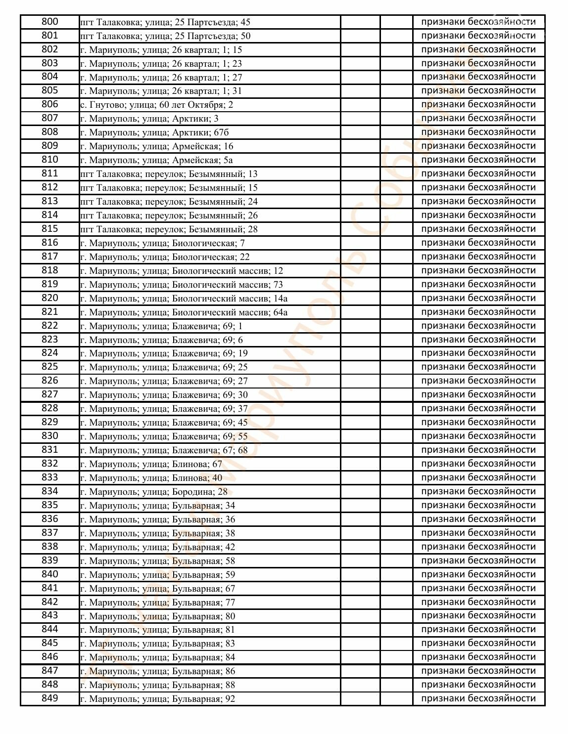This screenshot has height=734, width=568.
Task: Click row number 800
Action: (x=49, y=22)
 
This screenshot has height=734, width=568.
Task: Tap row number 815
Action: (x=49, y=229)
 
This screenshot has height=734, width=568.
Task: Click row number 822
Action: (x=49, y=326)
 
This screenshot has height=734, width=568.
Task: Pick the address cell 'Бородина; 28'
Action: (x=154, y=492)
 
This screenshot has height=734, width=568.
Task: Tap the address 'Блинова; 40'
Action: (x=151, y=478)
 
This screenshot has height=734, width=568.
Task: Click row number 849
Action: (x=49, y=698)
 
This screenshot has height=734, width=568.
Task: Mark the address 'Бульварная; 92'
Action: (x=157, y=699)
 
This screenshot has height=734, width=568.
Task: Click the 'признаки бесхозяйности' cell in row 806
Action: (x=478, y=104)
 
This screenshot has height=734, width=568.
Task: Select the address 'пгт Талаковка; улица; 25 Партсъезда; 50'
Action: (x=165, y=36)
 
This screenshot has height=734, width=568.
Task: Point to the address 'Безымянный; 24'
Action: (x=169, y=202)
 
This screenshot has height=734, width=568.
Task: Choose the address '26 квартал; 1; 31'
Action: (x=161, y=91)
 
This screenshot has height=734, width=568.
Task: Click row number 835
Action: (x=49, y=505)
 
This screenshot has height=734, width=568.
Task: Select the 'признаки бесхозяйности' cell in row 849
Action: (x=478, y=698)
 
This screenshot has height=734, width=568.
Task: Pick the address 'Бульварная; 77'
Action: (x=157, y=603)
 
